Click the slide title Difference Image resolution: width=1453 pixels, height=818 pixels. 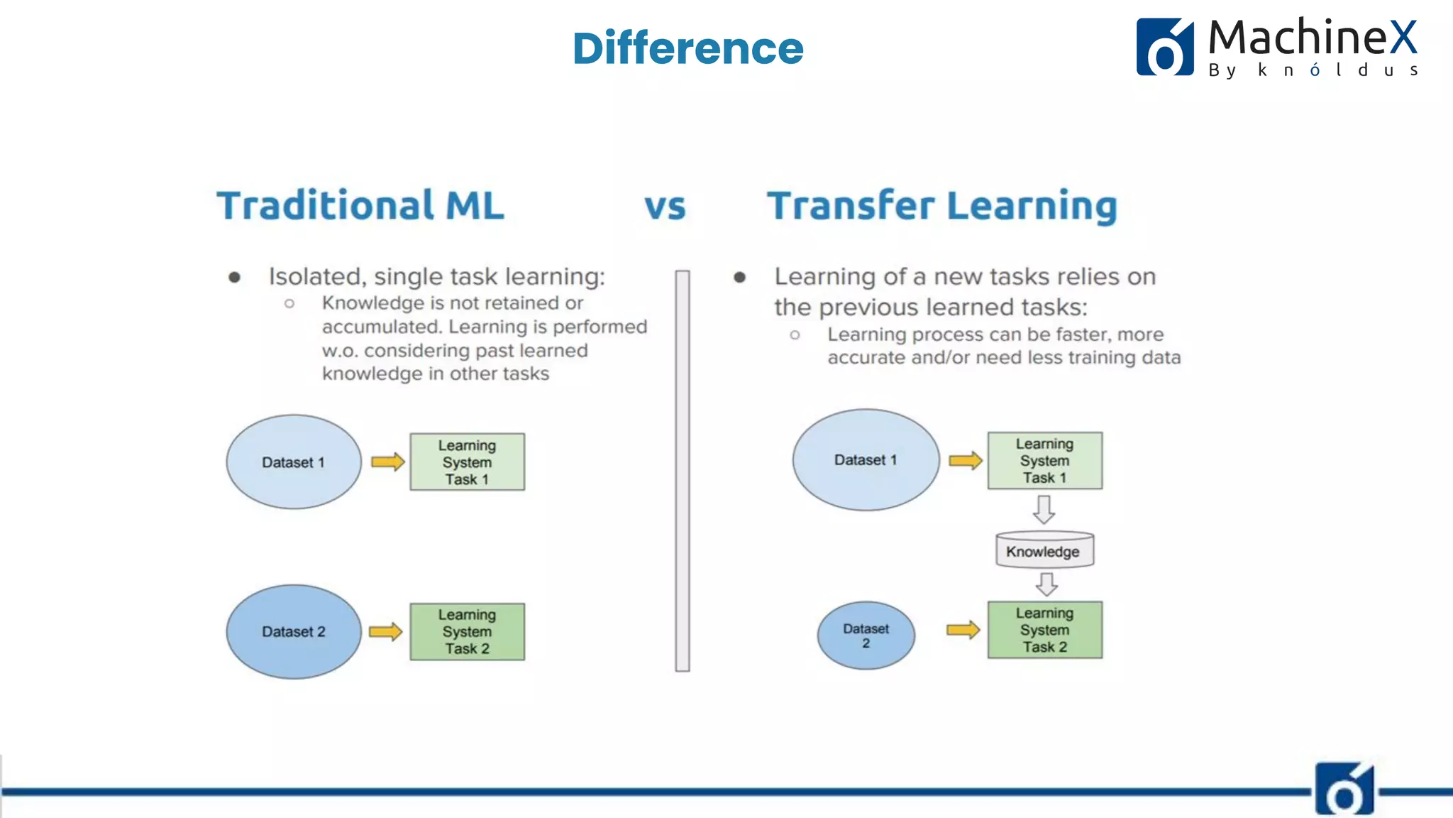[687, 48]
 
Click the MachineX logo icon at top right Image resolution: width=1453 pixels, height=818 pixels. [1165, 47]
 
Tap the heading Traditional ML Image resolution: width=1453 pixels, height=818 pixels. [360, 205]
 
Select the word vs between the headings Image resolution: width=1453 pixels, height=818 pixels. [665, 207]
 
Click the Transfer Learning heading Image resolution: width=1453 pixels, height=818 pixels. [942, 206]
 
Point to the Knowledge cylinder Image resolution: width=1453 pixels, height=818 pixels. [1044, 550]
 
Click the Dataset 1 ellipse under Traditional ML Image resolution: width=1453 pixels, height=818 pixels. [294, 462]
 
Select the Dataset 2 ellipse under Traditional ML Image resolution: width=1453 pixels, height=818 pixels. [294, 631]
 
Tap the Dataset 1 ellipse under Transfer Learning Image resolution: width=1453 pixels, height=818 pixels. [866, 460]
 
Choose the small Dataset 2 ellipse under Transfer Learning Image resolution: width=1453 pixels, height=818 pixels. [866, 636]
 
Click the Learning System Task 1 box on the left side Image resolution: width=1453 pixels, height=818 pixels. [467, 462]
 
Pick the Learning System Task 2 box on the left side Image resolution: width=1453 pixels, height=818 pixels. [467, 631]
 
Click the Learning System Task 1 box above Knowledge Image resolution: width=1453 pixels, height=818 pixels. [1044, 460]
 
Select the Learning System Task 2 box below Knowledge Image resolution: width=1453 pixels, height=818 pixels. [1044, 630]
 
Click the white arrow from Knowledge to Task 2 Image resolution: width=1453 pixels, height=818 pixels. [1046, 584]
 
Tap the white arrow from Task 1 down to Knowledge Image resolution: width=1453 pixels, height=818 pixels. [1044, 509]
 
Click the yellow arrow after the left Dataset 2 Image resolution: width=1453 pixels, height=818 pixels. [386, 631]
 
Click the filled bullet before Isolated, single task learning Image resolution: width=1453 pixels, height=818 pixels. [235, 277]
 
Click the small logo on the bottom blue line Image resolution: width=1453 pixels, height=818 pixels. [1344, 790]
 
